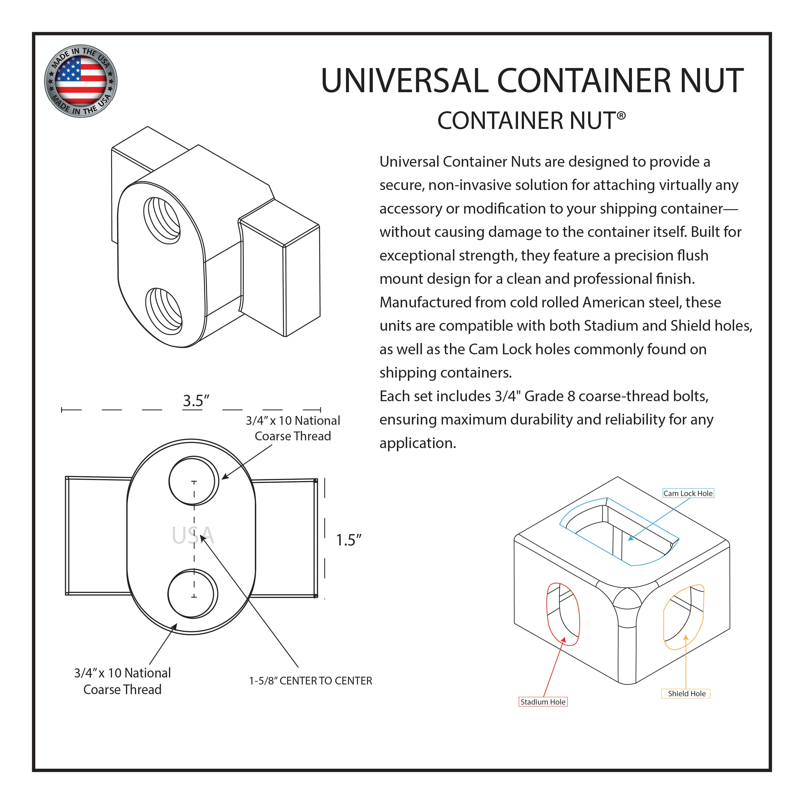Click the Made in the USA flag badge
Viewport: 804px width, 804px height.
tap(81, 81)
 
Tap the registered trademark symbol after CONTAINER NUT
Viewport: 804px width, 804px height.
tap(621, 116)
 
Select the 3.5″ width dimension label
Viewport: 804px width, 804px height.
tap(196, 401)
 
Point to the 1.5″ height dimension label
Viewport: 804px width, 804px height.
tap(348, 540)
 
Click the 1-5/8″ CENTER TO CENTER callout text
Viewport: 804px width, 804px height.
tap(310, 681)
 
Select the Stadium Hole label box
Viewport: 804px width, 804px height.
tap(543, 702)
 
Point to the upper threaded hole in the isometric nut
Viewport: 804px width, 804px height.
tap(162, 221)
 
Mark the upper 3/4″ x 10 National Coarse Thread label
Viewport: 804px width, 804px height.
tap(293, 428)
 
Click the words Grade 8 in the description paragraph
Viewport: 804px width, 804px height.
tap(549, 396)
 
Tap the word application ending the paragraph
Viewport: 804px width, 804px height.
tap(417, 443)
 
